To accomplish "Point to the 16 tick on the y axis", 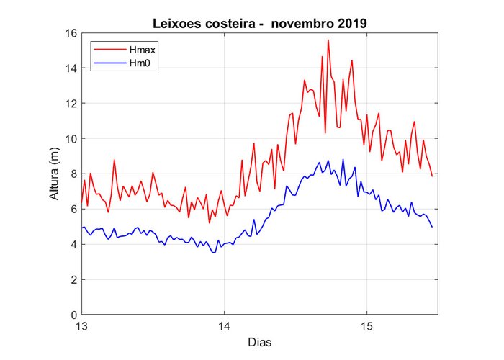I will click(x=71, y=33).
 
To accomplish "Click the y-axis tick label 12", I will click(x=71, y=104).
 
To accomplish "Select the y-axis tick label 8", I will click(x=73, y=174).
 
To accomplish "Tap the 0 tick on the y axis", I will click(x=73, y=315).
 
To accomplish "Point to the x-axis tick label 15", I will click(x=366, y=325).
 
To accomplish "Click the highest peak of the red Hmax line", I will click(x=328, y=40).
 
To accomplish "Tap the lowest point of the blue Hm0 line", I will click(x=213, y=253).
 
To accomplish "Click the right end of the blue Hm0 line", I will click(x=432, y=228).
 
